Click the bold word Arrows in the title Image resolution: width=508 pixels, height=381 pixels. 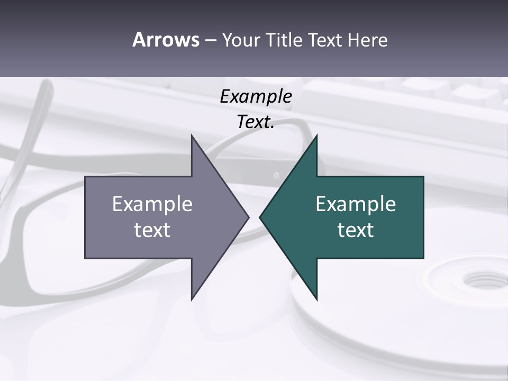click(165, 40)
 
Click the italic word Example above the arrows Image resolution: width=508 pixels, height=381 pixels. click(256, 96)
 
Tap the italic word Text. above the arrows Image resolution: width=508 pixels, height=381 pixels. click(256, 122)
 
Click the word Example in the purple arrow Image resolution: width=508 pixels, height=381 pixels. click(152, 204)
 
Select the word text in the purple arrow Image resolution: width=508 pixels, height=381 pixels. click(152, 230)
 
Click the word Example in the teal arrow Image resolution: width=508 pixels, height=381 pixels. click(356, 204)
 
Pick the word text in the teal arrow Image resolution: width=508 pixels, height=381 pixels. click(356, 230)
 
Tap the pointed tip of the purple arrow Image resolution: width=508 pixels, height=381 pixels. click(248, 217)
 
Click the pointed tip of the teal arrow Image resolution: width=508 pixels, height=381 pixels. click(260, 217)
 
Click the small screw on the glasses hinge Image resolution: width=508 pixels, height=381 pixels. click(276, 175)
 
